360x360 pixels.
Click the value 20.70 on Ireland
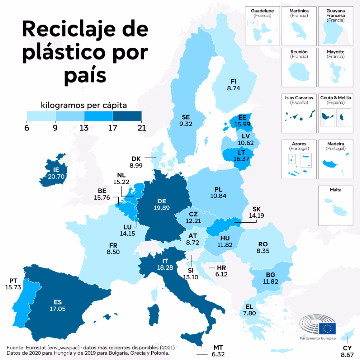56,177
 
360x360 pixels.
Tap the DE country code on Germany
162,201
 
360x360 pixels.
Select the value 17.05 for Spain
58,309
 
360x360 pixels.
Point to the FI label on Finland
234,82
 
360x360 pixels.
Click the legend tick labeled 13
84,128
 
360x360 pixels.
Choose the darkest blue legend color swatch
127,116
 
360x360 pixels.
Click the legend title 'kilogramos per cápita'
84,105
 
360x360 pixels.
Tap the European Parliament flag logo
327,329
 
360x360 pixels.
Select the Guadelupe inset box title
262,11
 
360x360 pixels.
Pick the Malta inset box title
335,190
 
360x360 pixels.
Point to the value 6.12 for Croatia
221,274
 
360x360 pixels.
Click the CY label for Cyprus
347,348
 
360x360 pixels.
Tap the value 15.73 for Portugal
13,287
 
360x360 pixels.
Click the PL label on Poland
218,189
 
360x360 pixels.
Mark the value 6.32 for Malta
218,354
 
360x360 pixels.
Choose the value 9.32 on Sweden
186,124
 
